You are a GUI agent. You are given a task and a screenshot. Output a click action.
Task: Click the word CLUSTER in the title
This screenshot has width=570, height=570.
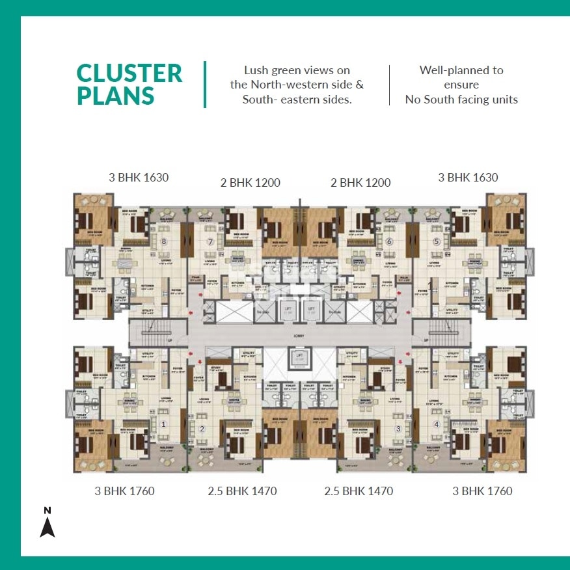(x=129, y=73)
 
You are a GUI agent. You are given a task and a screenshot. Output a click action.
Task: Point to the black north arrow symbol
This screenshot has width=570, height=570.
(x=47, y=526)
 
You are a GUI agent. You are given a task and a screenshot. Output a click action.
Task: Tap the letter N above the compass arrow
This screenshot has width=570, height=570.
(x=47, y=509)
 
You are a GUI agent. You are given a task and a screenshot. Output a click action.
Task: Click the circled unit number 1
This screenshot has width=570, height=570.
(x=163, y=424)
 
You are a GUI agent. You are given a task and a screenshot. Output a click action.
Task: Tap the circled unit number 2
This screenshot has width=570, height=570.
(x=202, y=429)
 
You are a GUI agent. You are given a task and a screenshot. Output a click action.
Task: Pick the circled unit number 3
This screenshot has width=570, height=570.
(x=398, y=429)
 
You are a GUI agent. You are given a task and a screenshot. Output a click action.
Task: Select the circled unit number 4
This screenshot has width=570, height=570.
(x=437, y=424)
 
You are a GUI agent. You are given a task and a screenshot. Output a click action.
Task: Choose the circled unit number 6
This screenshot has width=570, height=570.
(x=389, y=242)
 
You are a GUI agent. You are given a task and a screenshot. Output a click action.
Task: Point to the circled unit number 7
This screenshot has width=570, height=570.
(x=210, y=242)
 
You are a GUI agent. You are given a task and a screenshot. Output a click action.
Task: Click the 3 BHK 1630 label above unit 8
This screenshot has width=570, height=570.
(x=139, y=177)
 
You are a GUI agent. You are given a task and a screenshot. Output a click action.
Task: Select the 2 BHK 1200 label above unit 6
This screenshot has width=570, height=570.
(x=360, y=183)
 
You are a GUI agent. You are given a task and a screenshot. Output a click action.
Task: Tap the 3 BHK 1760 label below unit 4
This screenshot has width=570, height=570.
(x=482, y=491)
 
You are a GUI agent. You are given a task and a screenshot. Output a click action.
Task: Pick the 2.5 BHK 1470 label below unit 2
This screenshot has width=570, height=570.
(x=242, y=491)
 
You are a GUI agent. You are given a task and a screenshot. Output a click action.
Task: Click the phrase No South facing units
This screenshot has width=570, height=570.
(x=461, y=100)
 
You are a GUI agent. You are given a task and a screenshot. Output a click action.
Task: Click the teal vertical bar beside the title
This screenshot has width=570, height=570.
(x=205, y=85)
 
